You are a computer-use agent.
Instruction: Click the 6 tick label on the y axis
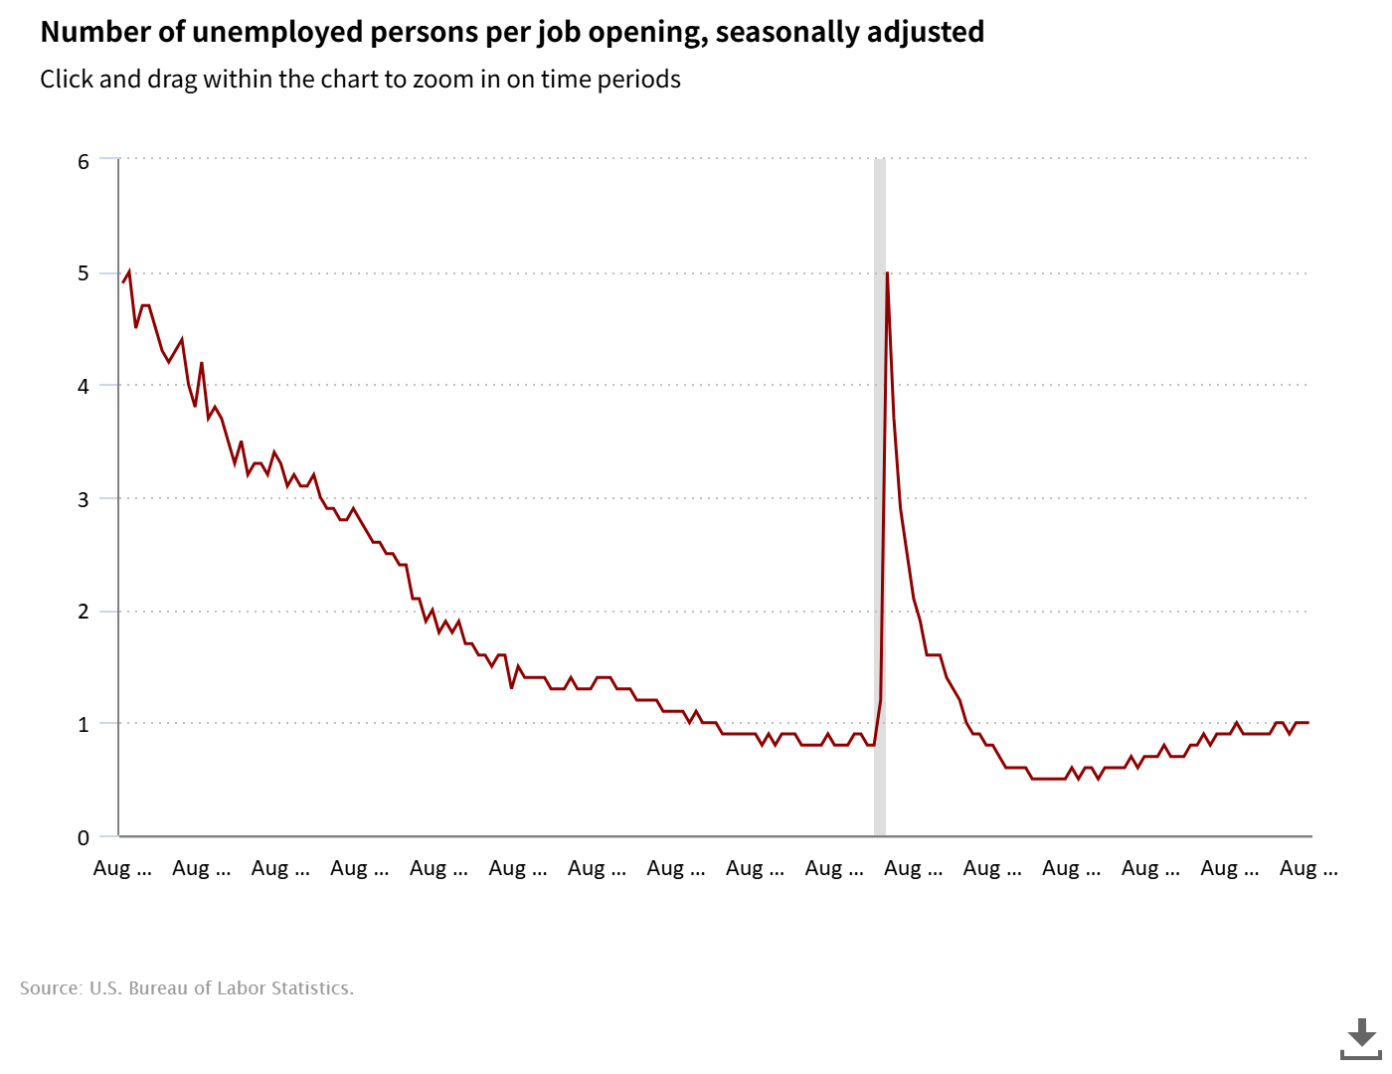click(x=84, y=161)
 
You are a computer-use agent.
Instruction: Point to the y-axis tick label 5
click(x=84, y=273)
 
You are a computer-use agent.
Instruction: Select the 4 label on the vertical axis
click(x=84, y=386)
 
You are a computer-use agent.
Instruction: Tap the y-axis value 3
click(x=84, y=499)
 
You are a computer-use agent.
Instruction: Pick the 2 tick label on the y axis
click(x=84, y=612)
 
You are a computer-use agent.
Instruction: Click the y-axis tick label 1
click(x=84, y=724)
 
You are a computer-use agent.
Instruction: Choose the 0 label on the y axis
click(x=84, y=837)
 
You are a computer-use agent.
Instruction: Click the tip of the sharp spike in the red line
click(x=886, y=273)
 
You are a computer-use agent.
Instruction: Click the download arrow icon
click(x=1361, y=1038)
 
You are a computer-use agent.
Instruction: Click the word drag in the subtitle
click(x=172, y=80)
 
